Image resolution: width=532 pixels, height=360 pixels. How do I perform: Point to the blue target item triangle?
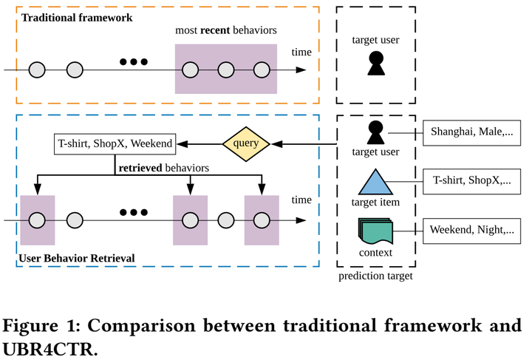tap(376, 181)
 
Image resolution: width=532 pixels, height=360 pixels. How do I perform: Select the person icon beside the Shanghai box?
tap(376, 133)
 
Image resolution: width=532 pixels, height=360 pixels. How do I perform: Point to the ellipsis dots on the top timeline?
tap(134, 61)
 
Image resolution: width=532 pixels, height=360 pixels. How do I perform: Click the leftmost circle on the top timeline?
tap(38, 70)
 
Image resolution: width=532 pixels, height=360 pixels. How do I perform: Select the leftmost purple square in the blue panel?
tap(38, 220)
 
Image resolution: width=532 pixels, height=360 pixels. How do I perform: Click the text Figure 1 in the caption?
tap(45, 326)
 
